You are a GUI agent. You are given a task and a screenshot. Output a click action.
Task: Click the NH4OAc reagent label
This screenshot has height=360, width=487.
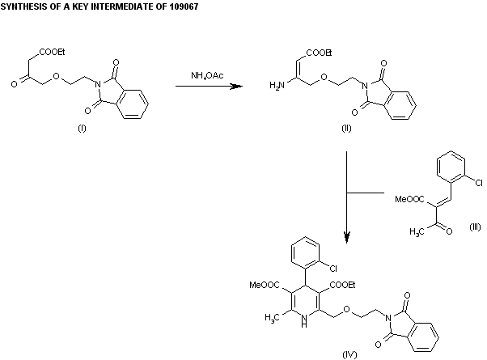click(207, 76)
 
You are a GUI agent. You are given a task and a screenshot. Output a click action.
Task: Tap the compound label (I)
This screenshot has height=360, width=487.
click(81, 132)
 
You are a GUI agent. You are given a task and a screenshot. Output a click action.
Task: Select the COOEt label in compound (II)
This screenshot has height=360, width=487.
click(319, 53)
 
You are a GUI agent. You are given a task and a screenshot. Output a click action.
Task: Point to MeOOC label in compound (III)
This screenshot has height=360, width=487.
click(409, 197)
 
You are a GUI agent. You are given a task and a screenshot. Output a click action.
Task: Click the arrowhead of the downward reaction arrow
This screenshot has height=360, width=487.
click(347, 238)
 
